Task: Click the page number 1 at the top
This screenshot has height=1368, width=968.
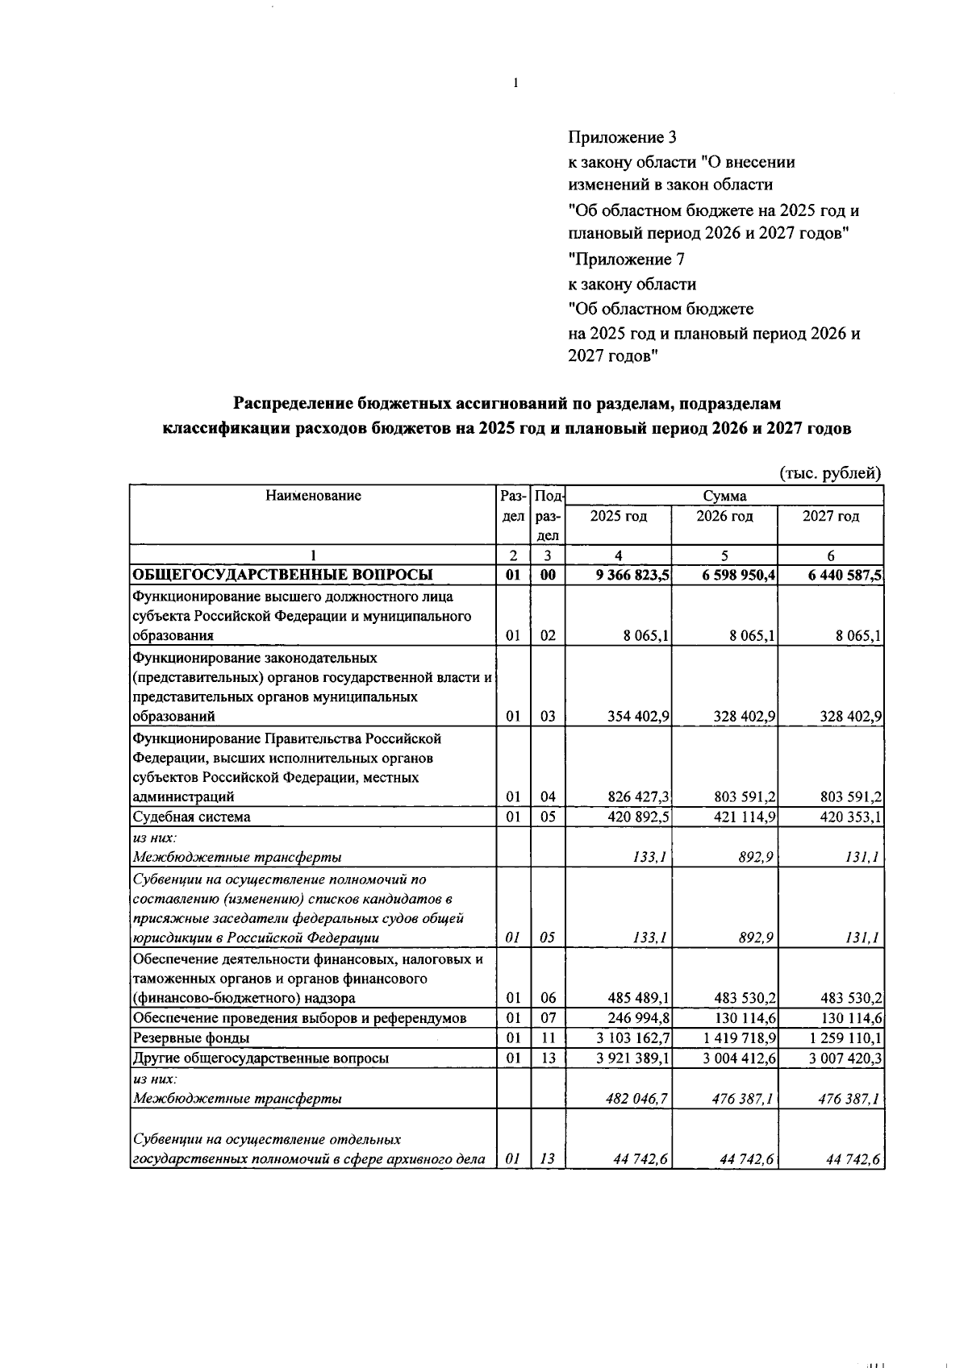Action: [515, 82]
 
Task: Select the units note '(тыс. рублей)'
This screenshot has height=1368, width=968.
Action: [830, 473]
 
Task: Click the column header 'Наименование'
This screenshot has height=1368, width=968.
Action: [313, 496]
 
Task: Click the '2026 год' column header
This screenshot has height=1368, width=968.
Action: [724, 516]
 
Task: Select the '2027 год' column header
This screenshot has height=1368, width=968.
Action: [830, 516]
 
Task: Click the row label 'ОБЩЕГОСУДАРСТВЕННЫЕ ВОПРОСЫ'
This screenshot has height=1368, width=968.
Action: [282, 575]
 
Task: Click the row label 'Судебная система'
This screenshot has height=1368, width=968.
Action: [191, 817]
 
